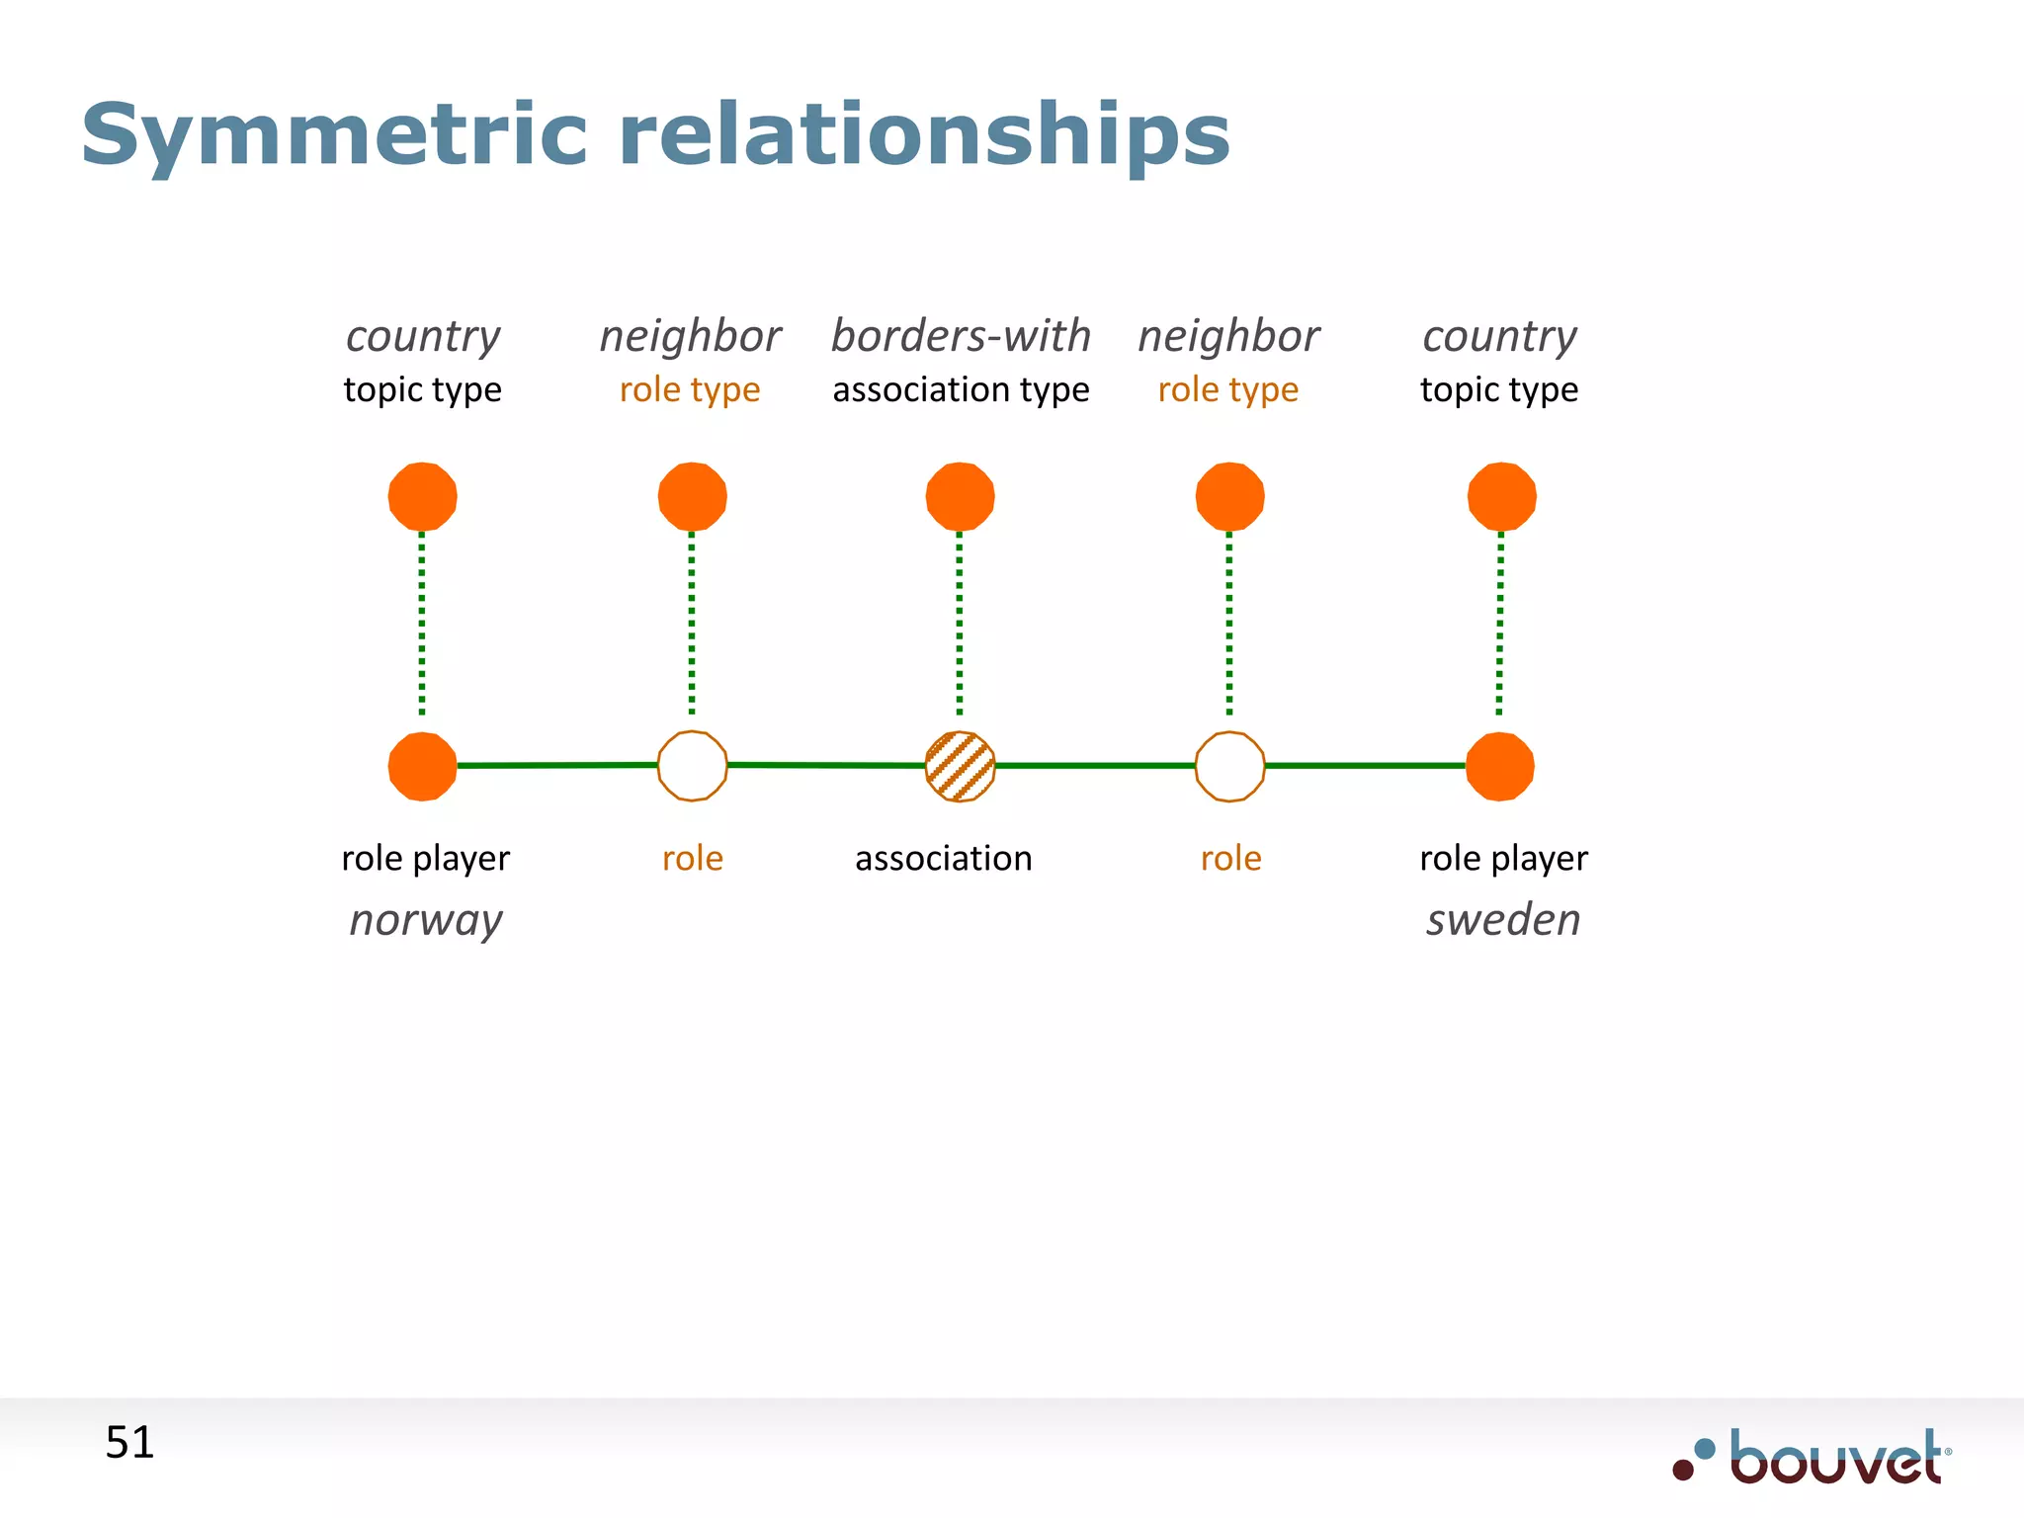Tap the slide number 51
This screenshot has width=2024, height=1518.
coord(129,1443)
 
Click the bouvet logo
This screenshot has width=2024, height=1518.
coord(1813,1458)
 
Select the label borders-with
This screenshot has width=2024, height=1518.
coord(961,336)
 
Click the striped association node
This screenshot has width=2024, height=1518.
coord(960,766)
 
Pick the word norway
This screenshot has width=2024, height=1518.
coord(426,920)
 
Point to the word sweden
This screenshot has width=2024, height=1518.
coord(1502,920)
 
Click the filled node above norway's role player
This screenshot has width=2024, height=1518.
coord(422,496)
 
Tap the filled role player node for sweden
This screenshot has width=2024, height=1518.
coord(1500,766)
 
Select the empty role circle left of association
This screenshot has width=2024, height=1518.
coord(692,766)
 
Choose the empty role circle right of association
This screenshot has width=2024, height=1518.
coord(1229,766)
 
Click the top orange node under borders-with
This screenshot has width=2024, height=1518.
coord(960,496)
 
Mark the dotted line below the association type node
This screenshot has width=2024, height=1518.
coord(960,623)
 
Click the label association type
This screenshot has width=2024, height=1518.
coord(961,390)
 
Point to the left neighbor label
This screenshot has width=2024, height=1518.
coord(690,336)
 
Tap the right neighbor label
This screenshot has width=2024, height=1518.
coord(1228,336)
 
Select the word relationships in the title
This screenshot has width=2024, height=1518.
coord(923,136)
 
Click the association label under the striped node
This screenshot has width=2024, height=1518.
coord(943,858)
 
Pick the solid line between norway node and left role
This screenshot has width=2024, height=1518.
coord(556,765)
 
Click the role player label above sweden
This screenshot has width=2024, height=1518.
coord(1502,858)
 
